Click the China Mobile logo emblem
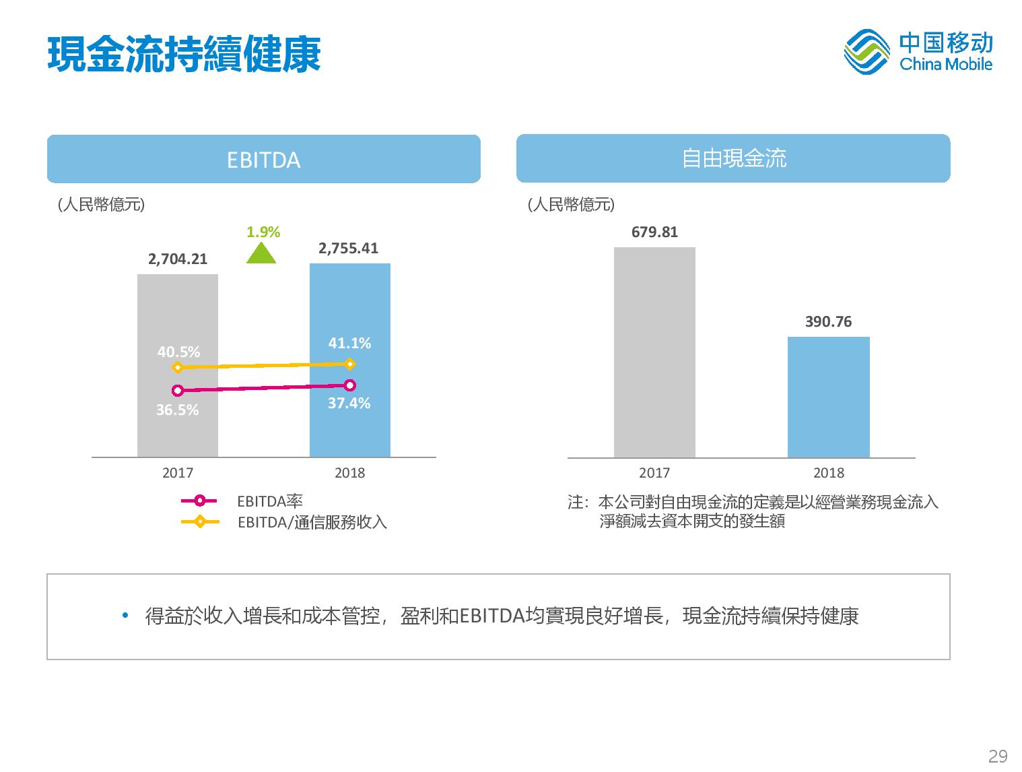tap(866, 52)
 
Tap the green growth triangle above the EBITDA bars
tap(261, 254)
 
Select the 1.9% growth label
tap(263, 232)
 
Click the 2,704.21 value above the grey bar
tap(177, 259)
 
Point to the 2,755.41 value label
tap(348, 248)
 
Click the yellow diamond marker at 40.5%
tap(177, 368)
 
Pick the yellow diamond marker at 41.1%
tap(349, 364)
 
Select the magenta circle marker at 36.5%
tap(177, 391)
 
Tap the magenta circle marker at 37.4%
tap(349, 385)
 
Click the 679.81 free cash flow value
tap(654, 232)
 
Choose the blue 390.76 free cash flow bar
tap(828, 397)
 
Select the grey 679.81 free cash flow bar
tap(654, 352)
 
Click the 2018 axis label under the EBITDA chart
tap(349, 473)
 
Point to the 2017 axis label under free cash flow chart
tap(654, 473)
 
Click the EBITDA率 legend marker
tap(199, 501)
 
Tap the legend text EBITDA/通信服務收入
tap(312, 522)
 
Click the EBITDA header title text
tap(263, 160)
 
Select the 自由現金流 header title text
tap(734, 158)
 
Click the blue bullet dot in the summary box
tap(125, 615)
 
